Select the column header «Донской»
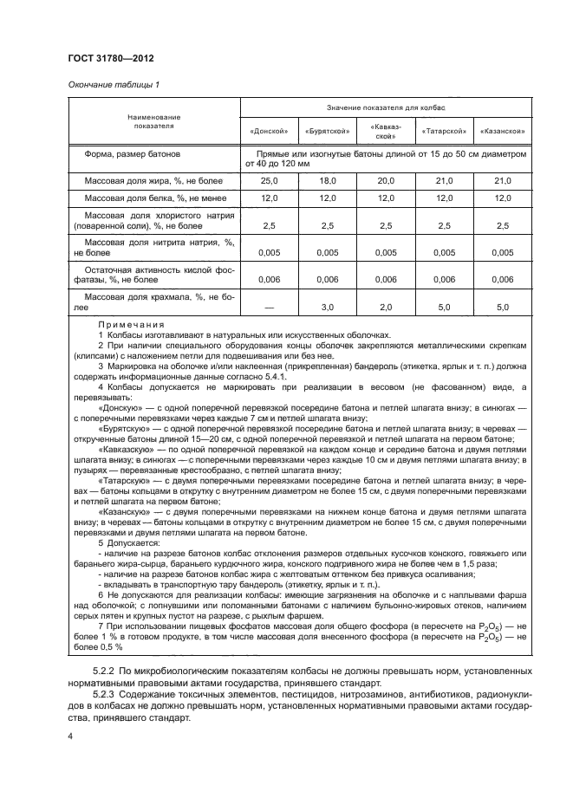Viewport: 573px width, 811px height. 268,132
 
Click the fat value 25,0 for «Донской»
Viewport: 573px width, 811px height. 269,181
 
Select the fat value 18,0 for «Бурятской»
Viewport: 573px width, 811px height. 327,181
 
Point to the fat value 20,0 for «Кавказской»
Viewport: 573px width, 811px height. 386,181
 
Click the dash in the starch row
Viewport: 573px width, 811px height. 269,307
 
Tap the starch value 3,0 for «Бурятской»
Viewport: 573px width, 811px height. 327,307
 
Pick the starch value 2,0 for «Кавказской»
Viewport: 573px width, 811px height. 386,307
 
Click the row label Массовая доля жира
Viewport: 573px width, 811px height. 153,181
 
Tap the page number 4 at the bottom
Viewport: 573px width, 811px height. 71,735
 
